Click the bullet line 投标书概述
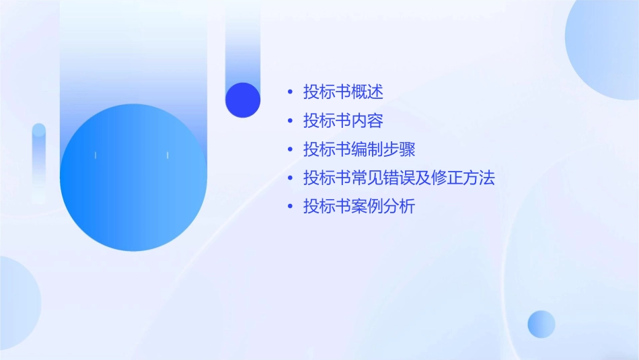343,92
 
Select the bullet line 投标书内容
343,121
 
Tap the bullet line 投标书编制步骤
359,149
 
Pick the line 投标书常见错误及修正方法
399,178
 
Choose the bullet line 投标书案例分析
359,207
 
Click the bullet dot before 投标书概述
290,92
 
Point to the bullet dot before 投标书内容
290,121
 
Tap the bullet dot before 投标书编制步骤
290,149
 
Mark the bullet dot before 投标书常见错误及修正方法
290,178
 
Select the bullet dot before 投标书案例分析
290,207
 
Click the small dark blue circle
243,100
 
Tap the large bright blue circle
133,178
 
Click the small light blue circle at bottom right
541,324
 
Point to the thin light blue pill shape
39,161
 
